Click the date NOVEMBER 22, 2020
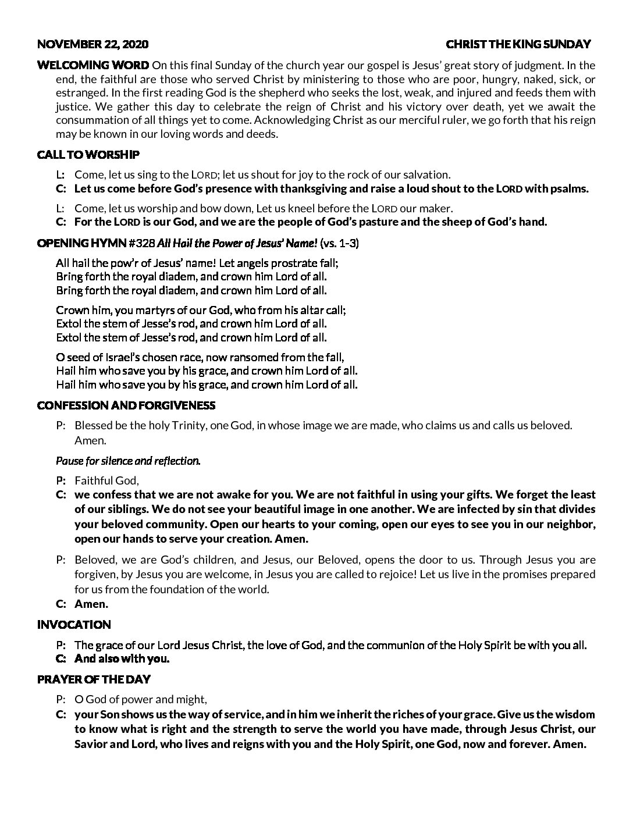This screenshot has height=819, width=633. [x=93, y=44]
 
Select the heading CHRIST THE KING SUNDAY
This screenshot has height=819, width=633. [x=518, y=44]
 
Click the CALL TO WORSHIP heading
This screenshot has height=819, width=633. [x=88, y=155]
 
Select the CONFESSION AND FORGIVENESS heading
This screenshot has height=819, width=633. [x=126, y=405]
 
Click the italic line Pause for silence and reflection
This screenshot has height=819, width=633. [x=128, y=461]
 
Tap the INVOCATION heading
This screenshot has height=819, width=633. [x=74, y=625]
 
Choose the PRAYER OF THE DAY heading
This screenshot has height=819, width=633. [x=94, y=679]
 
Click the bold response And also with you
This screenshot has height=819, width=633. [x=122, y=659]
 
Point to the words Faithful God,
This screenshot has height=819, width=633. [x=107, y=480]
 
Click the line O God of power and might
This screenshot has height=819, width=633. [x=141, y=699]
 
